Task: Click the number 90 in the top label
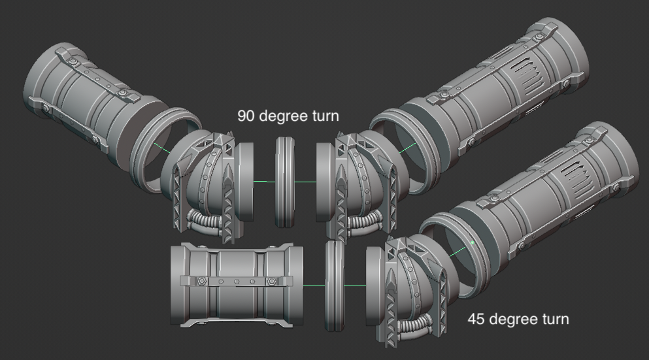coord(246,116)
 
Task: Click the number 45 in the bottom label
coord(476,319)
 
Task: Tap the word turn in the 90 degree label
coord(325,116)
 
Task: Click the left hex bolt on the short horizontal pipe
coord(201,280)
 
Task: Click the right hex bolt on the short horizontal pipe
coord(271,281)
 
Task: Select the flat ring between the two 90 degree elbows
coord(286,182)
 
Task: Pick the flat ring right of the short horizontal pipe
coord(335,286)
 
